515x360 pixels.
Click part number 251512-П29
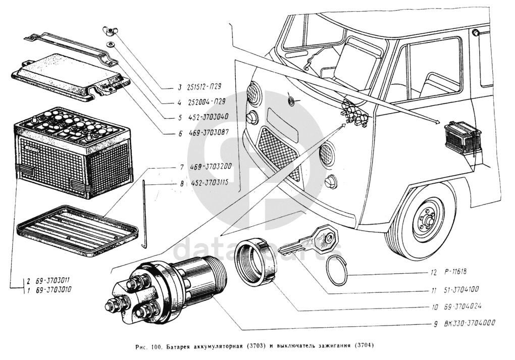[203, 87]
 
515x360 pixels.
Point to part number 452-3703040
[209, 117]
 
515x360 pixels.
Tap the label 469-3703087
[209, 133]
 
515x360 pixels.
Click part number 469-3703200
[210, 167]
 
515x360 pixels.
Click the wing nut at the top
[109, 31]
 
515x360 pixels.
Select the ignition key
[308, 240]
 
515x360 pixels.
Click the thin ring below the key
[337, 270]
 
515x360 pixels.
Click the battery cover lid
[71, 78]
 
